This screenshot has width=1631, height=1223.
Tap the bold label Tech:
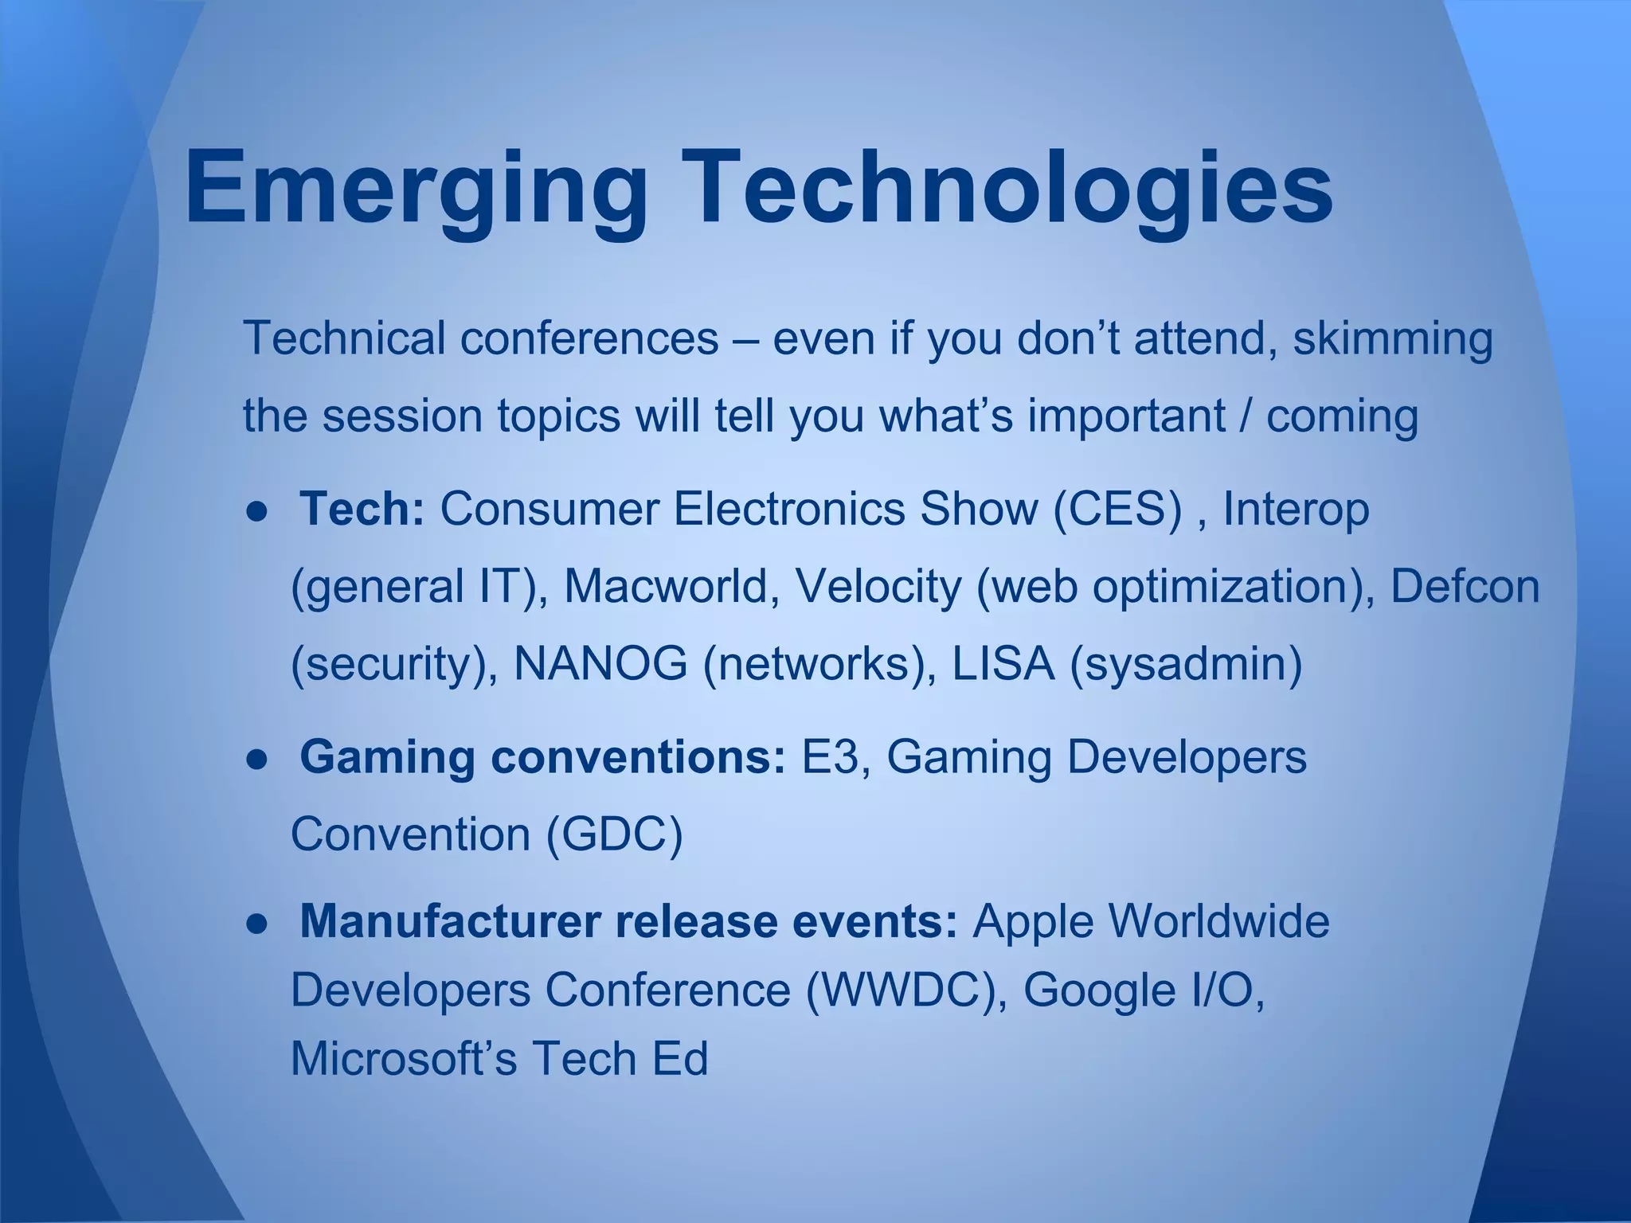pyautogui.click(x=362, y=509)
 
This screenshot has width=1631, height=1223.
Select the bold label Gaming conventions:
pyautogui.click(x=542, y=756)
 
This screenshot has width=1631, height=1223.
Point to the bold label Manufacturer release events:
pyautogui.click(x=628, y=921)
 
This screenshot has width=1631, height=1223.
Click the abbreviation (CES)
pyautogui.click(x=1117, y=509)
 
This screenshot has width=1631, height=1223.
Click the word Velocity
pyautogui.click(x=878, y=586)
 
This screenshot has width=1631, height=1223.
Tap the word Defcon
pyautogui.click(x=1464, y=586)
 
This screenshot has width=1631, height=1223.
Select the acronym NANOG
pyautogui.click(x=600, y=663)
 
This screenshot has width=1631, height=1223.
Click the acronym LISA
pyautogui.click(x=1003, y=663)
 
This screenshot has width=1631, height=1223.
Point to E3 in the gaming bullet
pyautogui.click(x=829, y=756)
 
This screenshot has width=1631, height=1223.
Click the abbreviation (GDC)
pyautogui.click(x=614, y=834)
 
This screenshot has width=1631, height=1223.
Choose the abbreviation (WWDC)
pyautogui.click(x=905, y=991)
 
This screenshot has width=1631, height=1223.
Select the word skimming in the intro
pyautogui.click(x=1392, y=338)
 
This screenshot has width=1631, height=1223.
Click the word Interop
pyautogui.click(x=1295, y=509)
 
